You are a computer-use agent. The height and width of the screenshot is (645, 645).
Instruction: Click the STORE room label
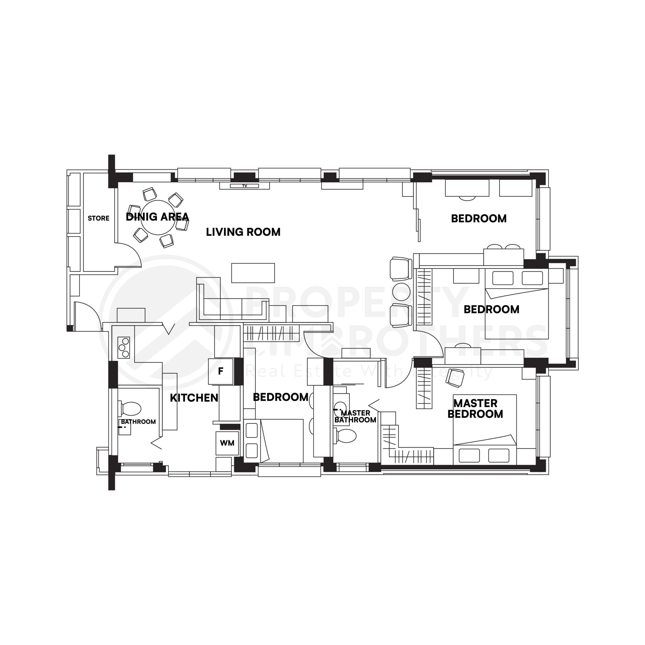[x=99, y=218]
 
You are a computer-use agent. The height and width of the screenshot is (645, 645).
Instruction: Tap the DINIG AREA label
[x=157, y=217]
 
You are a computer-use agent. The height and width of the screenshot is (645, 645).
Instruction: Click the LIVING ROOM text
[x=243, y=232]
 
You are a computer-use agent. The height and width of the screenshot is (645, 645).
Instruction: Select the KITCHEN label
[x=194, y=398]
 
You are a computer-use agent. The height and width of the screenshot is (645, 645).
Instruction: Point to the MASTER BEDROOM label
[x=475, y=409]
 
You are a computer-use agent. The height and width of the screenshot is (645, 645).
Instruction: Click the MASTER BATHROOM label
[x=355, y=417]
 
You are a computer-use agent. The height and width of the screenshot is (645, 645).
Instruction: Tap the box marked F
[x=221, y=371]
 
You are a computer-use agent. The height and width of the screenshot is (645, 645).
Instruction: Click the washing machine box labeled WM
[x=227, y=443]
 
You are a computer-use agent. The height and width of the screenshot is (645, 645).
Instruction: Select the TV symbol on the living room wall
[x=244, y=186]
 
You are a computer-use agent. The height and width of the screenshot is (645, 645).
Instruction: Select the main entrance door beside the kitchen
[x=87, y=315]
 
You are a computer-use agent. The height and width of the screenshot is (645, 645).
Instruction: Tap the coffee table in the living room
[x=253, y=273]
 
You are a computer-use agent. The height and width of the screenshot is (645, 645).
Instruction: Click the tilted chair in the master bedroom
[x=455, y=378]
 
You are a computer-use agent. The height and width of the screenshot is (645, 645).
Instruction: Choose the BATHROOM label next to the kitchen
[x=138, y=422]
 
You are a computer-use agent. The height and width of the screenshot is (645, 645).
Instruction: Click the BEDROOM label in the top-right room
[x=479, y=219]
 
